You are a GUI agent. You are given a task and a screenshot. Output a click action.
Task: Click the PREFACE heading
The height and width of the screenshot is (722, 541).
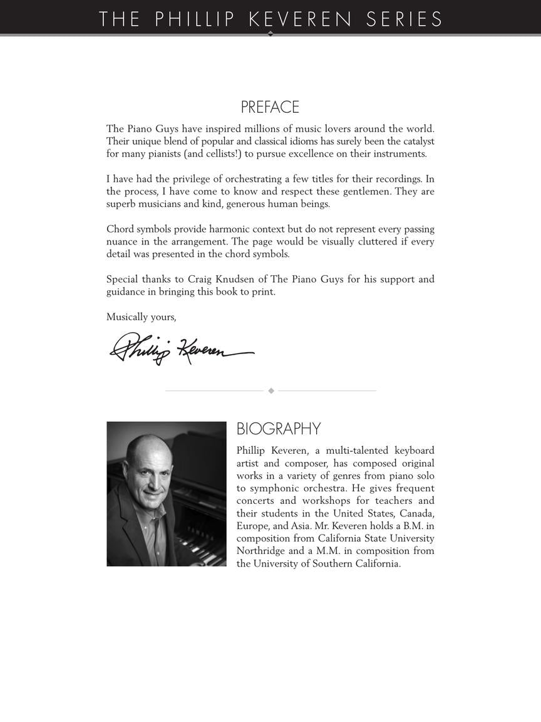(270, 107)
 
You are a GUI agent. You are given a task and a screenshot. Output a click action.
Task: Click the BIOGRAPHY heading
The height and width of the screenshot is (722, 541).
(278, 429)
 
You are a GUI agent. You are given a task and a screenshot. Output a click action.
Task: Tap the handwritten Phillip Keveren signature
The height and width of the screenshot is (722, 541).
(182, 348)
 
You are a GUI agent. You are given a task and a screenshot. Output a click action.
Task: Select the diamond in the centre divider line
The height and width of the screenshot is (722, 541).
(271, 390)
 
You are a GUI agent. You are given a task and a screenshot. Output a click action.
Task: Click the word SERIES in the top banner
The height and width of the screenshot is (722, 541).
(404, 19)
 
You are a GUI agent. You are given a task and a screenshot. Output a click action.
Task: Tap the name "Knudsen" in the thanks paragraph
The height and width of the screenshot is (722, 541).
(241, 280)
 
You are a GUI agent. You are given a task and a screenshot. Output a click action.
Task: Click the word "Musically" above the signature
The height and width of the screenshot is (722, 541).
(127, 317)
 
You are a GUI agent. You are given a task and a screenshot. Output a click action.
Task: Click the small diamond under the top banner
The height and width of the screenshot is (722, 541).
(270, 34)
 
